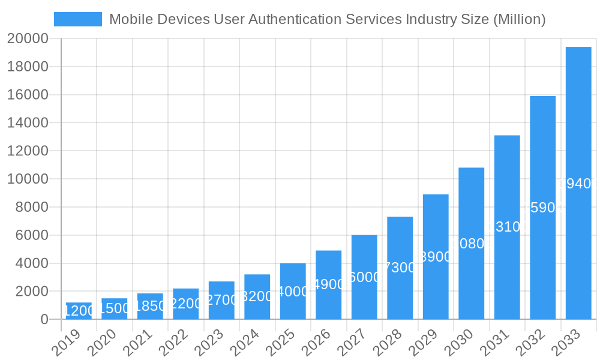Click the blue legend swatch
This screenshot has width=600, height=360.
(x=78, y=19)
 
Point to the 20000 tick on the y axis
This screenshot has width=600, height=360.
(x=28, y=39)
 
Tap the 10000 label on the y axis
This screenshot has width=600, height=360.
(x=28, y=179)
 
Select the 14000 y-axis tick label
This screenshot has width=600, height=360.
(x=28, y=123)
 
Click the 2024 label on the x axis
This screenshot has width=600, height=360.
(x=256, y=344)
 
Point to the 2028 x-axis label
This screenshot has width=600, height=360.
(x=399, y=344)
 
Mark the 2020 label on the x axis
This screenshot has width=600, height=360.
(x=113, y=344)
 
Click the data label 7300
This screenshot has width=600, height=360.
(x=400, y=268)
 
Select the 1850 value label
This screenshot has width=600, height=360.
(x=150, y=306)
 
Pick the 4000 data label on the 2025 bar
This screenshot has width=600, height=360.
(x=293, y=292)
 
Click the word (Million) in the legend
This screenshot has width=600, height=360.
(x=519, y=19)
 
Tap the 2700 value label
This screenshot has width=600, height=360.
(x=221, y=300)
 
